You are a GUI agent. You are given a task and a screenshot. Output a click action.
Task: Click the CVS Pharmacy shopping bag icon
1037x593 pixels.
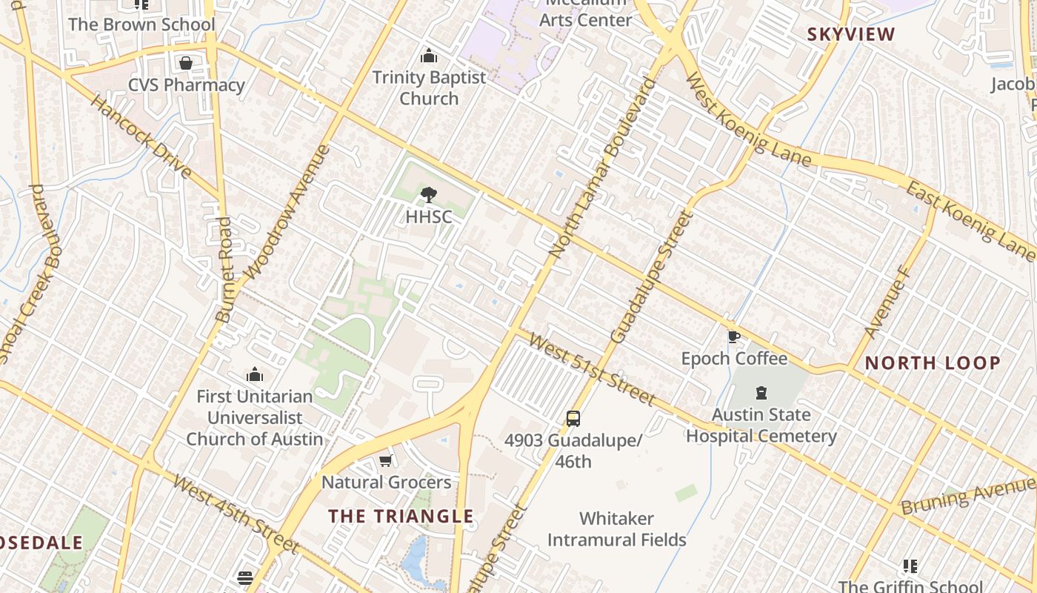(x=186, y=64)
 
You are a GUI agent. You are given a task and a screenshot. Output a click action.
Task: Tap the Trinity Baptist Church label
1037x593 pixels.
(x=429, y=87)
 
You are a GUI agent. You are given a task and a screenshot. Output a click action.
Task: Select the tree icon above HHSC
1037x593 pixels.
(x=428, y=195)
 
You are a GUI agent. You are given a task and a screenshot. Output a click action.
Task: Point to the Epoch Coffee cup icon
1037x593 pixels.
(x=733, y=337)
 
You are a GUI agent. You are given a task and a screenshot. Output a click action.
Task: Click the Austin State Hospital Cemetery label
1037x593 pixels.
(x=761, y=425)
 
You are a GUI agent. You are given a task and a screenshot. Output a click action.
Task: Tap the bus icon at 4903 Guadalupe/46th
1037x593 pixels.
(x=573, y=418)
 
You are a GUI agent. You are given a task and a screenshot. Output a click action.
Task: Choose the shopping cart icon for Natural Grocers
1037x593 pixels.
(x=385, y=461)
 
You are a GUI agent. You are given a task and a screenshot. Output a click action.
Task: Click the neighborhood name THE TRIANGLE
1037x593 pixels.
(x=401, y=516)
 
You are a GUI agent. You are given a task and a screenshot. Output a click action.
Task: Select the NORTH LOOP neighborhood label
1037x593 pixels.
(x=933, y=363)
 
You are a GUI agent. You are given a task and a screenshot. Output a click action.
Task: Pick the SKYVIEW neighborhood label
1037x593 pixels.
(x=851, y=34)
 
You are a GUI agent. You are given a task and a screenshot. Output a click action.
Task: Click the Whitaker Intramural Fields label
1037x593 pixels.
(x=616, y=529)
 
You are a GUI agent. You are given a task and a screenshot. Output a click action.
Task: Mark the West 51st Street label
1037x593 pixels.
(x=593, y=370)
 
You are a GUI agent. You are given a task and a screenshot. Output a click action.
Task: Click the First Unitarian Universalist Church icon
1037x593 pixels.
(x=255, y=374)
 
